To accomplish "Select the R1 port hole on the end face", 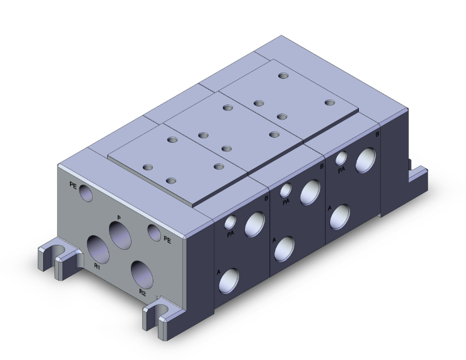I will pos(98,248).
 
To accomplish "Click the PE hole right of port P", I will pos(154,232).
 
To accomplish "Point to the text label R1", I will pos(97,266).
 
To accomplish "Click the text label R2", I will pos(142,292).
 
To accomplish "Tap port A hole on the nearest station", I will pos(229,281).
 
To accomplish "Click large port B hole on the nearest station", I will pos(256,224).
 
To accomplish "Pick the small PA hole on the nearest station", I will pos(231,221).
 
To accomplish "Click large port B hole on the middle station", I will pos(310,192).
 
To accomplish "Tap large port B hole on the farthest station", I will pos(365,162).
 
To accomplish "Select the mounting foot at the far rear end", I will pos(418,174).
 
